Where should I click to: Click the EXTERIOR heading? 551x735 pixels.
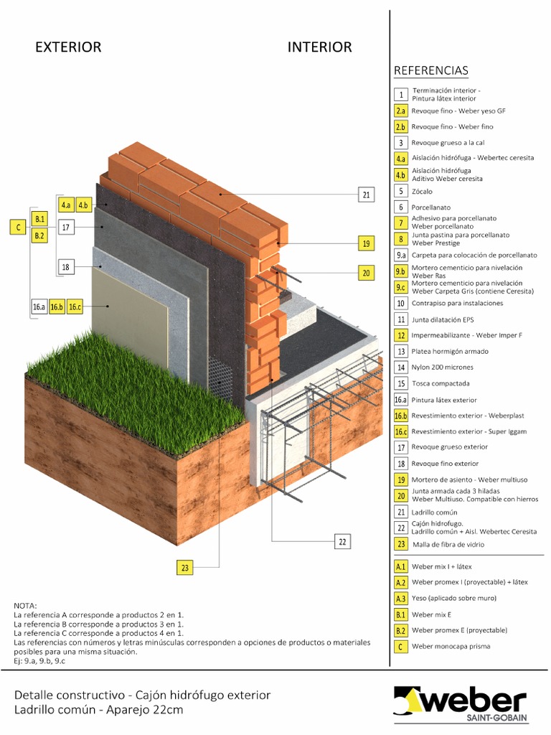(x=68, y=47)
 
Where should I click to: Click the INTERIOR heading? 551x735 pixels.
(x=319, y=47)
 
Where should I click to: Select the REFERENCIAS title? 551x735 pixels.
(x=430, y=70)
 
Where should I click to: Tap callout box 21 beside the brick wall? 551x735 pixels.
(x=366, y=195)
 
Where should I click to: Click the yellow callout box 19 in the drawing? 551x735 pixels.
(x=366, y=243)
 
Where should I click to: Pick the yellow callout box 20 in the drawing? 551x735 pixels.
(x=366, y=272)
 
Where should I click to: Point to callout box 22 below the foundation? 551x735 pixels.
(x=342, y=542)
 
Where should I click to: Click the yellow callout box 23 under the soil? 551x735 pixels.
(x=185, y=568)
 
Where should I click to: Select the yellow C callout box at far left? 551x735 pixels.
(x=17, y=228)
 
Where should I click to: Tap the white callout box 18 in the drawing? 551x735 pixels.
(x=65, y=267)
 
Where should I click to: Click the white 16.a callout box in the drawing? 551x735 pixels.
(x=39, y=307)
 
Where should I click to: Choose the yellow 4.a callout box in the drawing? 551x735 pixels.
(x=66, y=205)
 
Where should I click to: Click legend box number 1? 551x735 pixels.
(x=401, y=95)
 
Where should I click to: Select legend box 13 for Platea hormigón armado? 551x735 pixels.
(x=401, y=352)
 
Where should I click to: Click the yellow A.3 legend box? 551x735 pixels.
(x=401, y=598)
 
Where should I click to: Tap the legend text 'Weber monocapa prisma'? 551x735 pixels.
(x=450, y=647)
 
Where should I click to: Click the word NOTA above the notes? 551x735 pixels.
(x=25, y=607)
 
